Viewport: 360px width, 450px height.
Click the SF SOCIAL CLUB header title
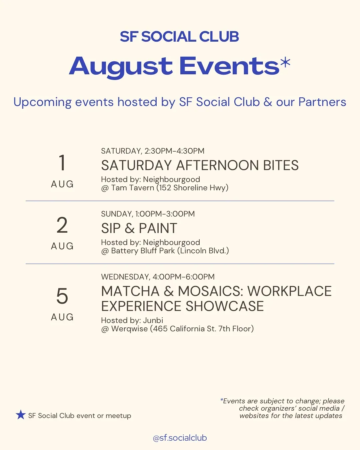(x=179, y=37)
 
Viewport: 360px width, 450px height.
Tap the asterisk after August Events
(x=285, y=62)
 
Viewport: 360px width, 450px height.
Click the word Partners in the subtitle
(x=322, y=102)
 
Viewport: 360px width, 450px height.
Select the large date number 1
(x=62, y=163)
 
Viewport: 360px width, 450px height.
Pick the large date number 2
(x=62, y=225)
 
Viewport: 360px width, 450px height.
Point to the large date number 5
(x=62, y=296)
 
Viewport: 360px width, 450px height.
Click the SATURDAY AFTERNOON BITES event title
(x=200, y=165)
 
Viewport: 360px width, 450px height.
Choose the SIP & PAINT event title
(x=139, y=228)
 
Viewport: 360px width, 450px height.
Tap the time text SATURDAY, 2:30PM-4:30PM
(x=153, y=151)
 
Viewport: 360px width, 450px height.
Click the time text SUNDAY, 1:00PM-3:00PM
(x=148, y=214)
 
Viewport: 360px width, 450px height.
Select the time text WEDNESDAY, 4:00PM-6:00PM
(x=158, y=277)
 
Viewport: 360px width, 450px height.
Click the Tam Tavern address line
(x=165, y=188)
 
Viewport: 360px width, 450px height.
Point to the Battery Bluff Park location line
(x=165, y=251)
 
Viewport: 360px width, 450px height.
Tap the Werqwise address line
(x=177, y=329)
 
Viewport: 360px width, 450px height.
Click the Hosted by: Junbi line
(x=132, y=320)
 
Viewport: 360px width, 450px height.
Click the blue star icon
(x=21, y=415)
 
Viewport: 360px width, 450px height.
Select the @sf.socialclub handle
(x=180, y=438)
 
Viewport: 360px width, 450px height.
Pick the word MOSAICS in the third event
(x=210, y=291)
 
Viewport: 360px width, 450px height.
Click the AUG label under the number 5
(x=62, y=317)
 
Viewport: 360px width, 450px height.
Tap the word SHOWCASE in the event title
(x=225, y=306)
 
